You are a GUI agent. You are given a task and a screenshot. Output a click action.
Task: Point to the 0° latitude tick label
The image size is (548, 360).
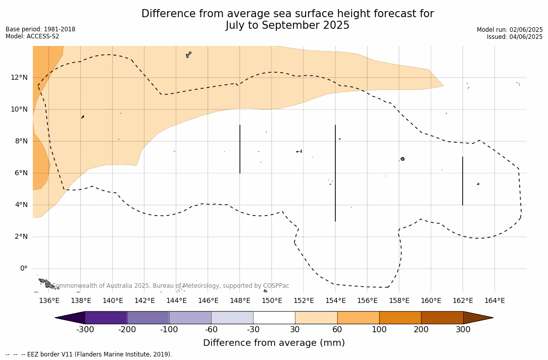[23, 269]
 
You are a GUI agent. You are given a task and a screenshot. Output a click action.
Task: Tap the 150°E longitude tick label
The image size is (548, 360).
[272, 301]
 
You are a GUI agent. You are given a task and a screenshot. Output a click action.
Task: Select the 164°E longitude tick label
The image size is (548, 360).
[494, 301]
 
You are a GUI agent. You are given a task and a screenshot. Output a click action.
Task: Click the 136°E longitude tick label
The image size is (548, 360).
[49, 301]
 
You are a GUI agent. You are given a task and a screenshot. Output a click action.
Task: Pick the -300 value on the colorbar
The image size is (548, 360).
[85, 330]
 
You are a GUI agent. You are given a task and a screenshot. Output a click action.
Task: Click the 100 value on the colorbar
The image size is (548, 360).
[379, 330]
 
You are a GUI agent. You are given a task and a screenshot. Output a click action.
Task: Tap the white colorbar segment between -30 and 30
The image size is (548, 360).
[274, 318]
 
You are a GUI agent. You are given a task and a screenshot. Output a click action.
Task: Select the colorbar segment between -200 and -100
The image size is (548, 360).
[148, 318]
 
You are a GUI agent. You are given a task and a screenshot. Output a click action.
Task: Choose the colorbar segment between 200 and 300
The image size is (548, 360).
[442, 318]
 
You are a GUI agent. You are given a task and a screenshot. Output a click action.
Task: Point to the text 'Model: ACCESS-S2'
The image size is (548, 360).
[32, 36]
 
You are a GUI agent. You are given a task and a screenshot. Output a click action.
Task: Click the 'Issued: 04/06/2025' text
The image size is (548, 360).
[515, 37]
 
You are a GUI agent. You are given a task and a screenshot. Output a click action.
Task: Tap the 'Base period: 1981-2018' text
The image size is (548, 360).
[40, 29]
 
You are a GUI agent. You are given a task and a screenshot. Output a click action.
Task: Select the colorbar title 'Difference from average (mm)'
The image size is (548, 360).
[274, 343]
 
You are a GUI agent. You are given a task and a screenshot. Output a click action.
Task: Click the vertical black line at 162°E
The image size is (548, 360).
[463, 181]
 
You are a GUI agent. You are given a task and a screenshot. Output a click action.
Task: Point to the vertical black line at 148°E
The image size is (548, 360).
[240, 149]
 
